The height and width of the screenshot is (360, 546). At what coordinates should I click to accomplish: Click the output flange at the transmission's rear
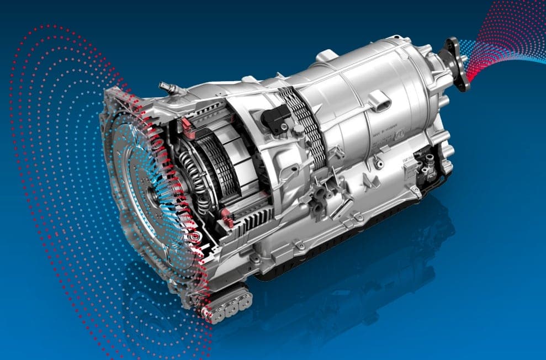[x=458, y=63]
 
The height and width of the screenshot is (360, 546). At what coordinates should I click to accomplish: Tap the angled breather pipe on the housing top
[x=167, y=88]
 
